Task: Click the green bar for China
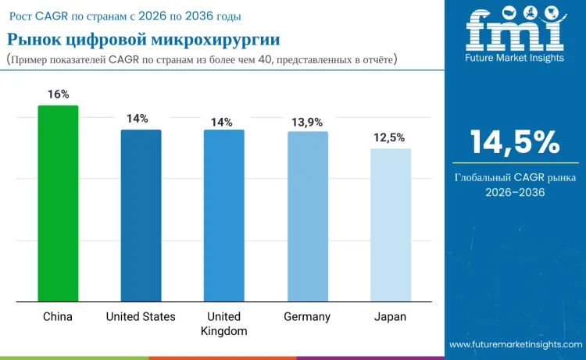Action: (x=58, y=203)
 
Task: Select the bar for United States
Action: (x=141, y=215)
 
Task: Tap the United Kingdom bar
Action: (x=223, y=215)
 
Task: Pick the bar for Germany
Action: (x=307, y=216)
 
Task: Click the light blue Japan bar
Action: (x=391, y=225)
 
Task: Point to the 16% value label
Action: (x=58, y=94)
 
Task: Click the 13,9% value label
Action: (x=307, y=122)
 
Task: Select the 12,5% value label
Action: (x=391, y=137)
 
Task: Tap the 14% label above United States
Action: (x=138, y=118)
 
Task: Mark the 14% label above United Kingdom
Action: (x=221, y=122)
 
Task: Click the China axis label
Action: (x=58, y=316)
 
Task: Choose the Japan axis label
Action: (x=391, y=316)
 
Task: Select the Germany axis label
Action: (x=307, y=316)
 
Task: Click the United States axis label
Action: (x=141, y=316)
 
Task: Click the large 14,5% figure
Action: (x=515, y=143)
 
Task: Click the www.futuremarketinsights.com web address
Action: (x=515, y=344)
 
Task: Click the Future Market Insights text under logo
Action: (x=514, y=57)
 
